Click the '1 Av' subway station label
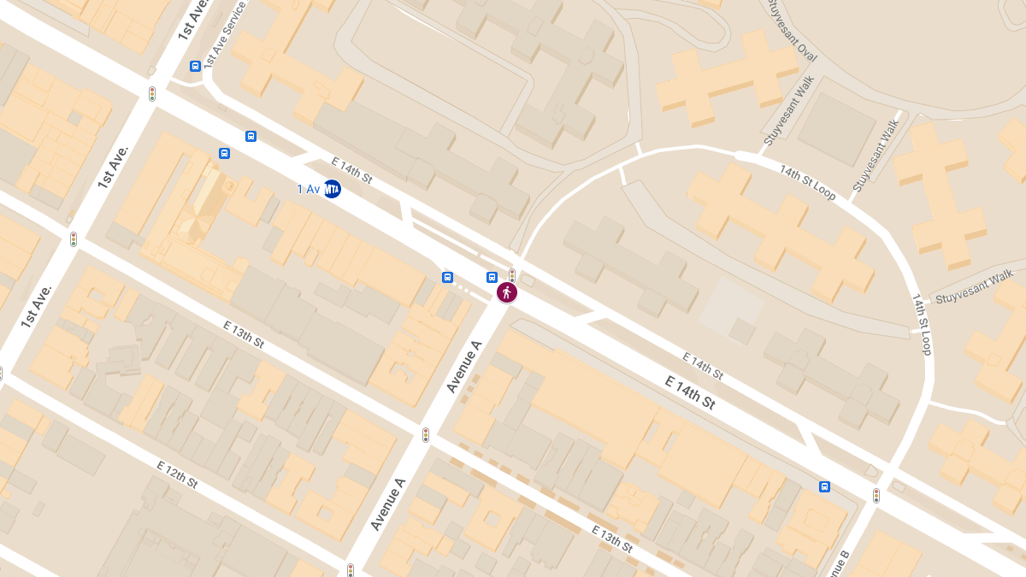[x=308, y=189]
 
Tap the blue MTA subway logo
[x=332, y=189]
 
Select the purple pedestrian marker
[x=507, y=292]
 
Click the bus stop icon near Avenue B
[x=824, y=486]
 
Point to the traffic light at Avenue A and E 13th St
[x=425, y=435]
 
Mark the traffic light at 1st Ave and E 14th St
[x=152, y=94]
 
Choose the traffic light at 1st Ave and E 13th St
[x=74, y=239]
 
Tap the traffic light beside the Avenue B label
[x=876, y=495]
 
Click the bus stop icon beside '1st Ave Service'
[x=195, y=66]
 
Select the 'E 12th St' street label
[x=177, y=474]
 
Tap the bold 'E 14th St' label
[x=690, y=392]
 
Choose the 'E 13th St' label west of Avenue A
[x=244, y=333]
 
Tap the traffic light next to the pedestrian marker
[x=511, y=275]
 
